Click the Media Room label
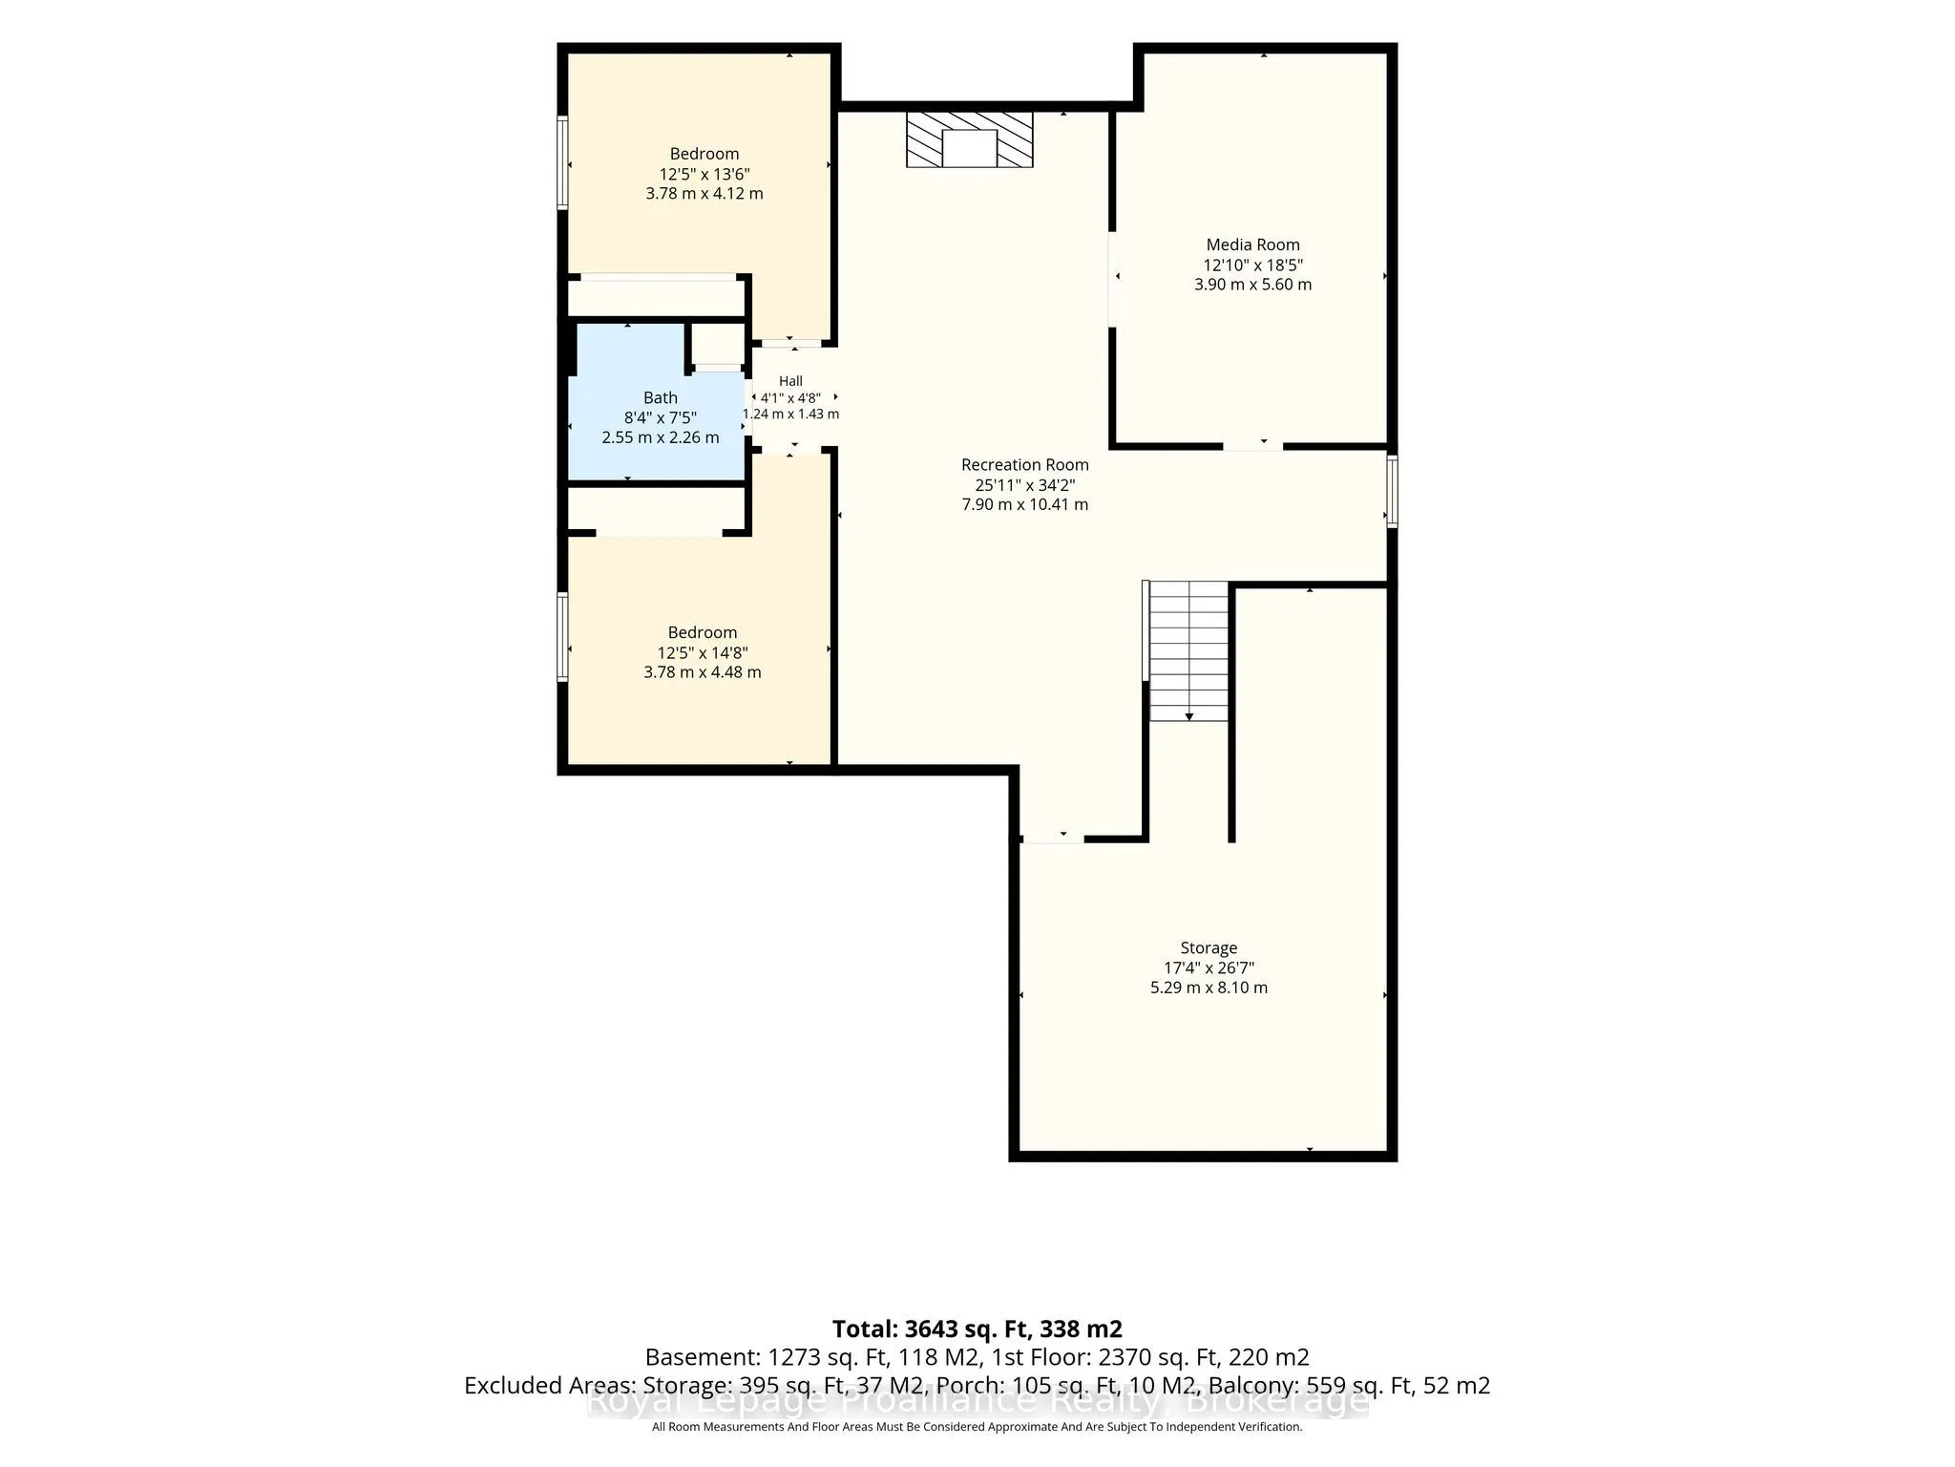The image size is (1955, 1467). point(1252,244)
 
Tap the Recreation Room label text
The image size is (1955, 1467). point(1024,465)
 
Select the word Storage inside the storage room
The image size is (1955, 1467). point(1209,947)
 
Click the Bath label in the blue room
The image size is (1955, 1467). point(661,397)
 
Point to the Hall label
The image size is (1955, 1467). point(790,381)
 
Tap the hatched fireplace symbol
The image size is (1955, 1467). point(970,139)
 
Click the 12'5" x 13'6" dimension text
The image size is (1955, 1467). point(704,174)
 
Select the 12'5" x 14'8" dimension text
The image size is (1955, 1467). point(703,653)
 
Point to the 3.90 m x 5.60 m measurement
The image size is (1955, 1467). point(1252,285)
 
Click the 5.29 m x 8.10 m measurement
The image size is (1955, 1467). point(1209,988)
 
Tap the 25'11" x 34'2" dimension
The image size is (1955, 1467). point(1024,485)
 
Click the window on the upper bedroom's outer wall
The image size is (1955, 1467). point(563,162)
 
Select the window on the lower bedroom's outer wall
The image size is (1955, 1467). point(563,637)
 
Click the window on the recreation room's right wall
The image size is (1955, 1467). point(1392,491)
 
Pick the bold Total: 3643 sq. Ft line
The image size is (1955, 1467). point(977,1329)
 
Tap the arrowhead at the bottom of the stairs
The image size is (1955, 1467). point(1189,715)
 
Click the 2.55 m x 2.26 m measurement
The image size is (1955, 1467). point(661,437)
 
